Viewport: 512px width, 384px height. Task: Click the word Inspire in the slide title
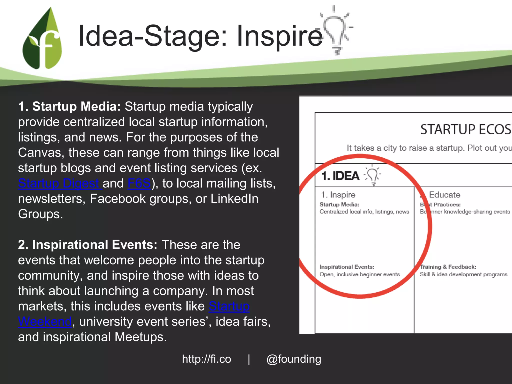(x=280, y=36)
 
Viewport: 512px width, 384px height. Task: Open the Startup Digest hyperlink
(x=60, y=183)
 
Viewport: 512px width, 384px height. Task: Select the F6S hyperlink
(x=139, y=183)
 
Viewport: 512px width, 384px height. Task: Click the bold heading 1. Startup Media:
(x=69, y=106)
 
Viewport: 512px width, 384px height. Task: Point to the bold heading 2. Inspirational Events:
(x=88, y=244)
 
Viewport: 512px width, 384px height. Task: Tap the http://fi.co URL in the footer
(x=206, y=359)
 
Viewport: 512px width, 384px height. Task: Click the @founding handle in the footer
(x=294, y=359)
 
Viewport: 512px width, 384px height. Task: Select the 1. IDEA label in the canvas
(x=340, y=176)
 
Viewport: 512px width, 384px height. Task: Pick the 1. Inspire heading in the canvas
(x=338, y=194)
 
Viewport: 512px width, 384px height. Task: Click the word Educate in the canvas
(x=445, y=194)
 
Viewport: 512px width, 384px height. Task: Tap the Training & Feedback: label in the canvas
(x=448, y=267)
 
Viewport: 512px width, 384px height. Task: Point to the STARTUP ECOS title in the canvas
(x=466, y=129)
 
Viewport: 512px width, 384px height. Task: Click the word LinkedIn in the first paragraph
(x=234, y=199)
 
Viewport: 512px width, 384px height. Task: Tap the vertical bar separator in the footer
(x=249, y=359)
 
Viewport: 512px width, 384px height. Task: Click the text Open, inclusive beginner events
(x=360, y=274)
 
